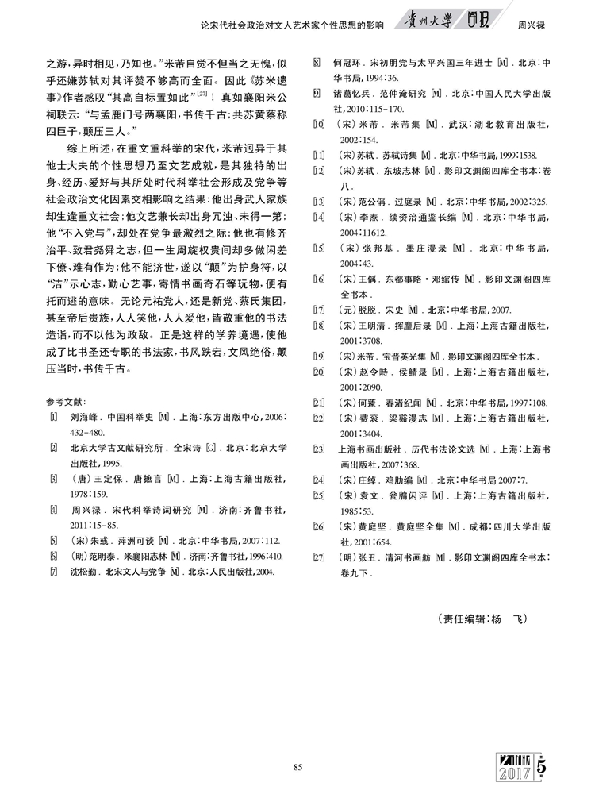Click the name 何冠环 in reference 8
pyautogui.click(x=347, y=61)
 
